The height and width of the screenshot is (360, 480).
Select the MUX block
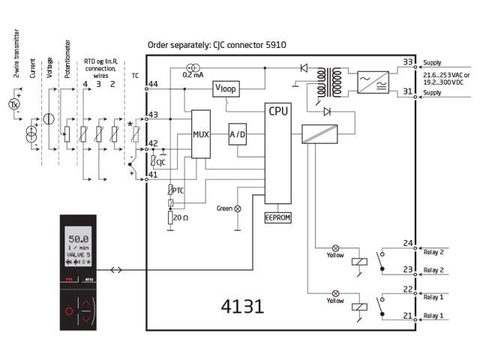click(200, 134)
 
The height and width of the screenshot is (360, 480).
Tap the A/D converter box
click(237, 134)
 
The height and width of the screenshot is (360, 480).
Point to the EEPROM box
click(277, 217)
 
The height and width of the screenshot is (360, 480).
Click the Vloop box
click(226, 88)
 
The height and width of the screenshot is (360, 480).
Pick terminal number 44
click(153, 85)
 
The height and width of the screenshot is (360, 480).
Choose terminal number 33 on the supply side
click(408, 62)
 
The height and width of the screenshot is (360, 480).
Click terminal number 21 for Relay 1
click(408, 316)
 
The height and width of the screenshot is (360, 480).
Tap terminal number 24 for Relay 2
click(408, 243)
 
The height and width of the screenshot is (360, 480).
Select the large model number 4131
click(242, 306)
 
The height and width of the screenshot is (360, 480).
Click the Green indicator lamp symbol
click(238, 208)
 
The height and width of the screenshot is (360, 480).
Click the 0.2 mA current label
click(193, 75)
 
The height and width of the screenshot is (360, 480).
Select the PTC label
click(178, 190)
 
